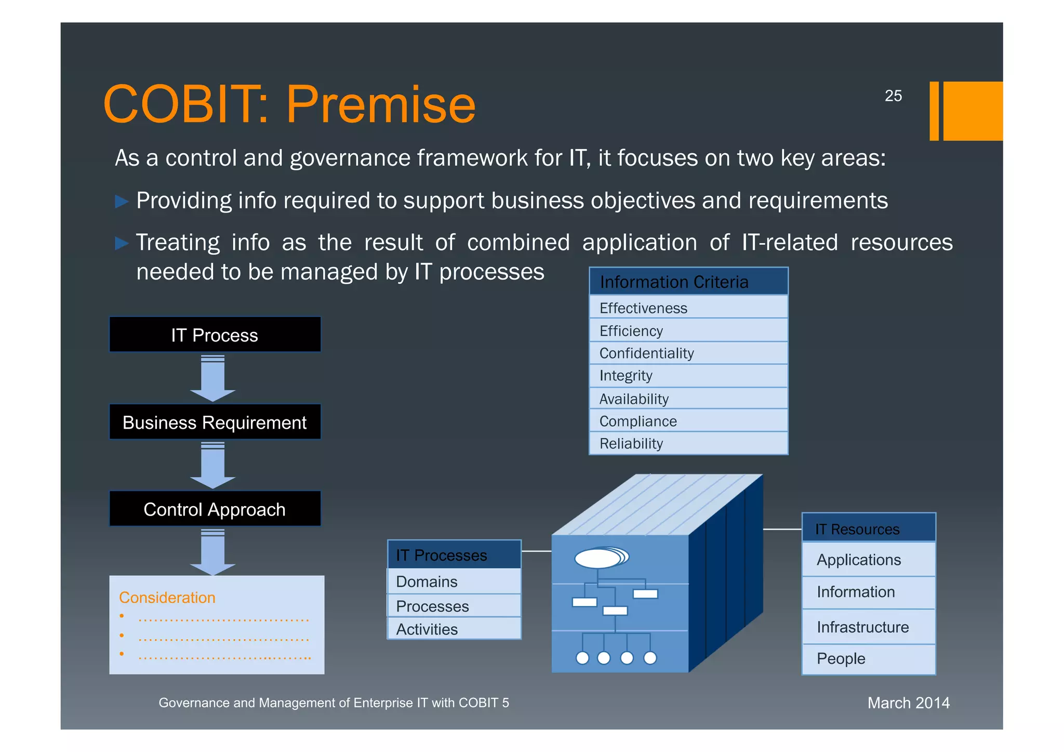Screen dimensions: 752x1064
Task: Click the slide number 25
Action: [893, 96]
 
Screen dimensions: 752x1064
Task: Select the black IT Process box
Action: [215, 335]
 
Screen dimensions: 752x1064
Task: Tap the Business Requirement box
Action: [215, 422]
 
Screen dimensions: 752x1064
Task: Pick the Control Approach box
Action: [215, 509]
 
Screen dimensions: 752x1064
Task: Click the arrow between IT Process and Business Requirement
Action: [213, 378]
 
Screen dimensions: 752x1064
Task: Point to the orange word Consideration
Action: [167, 597]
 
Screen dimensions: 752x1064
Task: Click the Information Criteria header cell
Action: [688, 282]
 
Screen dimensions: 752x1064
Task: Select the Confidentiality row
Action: [688, 353]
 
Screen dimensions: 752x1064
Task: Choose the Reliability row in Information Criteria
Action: [688, 443]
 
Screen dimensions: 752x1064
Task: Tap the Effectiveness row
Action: [688, 308]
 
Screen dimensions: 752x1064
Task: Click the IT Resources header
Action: [868, 529]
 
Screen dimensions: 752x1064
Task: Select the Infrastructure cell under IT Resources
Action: [868, 627]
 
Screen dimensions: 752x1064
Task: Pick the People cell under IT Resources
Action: [868, 658]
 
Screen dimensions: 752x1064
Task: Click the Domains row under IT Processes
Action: [454, 581]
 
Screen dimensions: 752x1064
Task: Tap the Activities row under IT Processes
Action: [454, 629]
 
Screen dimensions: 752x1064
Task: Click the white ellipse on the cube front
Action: [598, 559]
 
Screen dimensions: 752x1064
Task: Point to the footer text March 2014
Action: [908, 703]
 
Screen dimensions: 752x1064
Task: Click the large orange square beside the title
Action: [973, 111]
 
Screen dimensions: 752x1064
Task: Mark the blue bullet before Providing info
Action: [122, 201]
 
